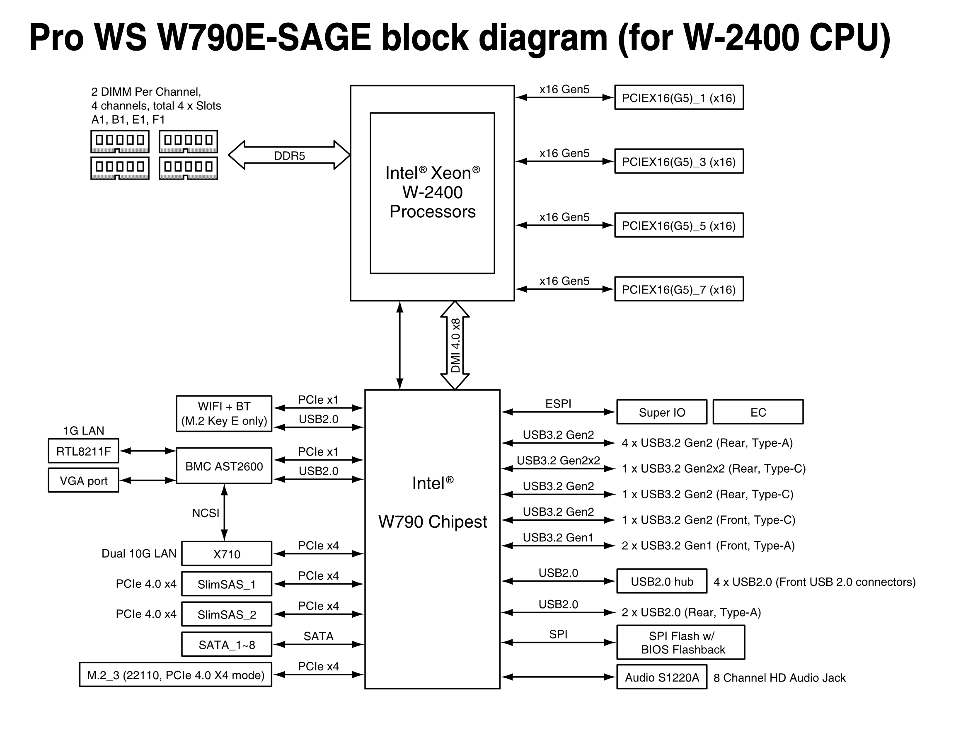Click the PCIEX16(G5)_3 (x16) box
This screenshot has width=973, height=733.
click(x=679, y=161)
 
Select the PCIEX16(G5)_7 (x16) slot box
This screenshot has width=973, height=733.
click(x=679, y=289)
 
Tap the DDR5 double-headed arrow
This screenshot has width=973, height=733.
click(x=289, y=155)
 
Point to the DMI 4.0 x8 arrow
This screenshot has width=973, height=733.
click(x=455, y=345)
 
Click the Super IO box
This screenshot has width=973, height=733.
click(x=661, y=412)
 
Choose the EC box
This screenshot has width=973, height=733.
click(x=758, y=412)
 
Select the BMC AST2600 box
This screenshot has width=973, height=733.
click(x=224, y=466)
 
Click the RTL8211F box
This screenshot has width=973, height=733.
click(x=84, y=451)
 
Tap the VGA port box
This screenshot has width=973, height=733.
click(x=84, y=481)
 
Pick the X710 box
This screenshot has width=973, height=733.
click(x=227, y=553)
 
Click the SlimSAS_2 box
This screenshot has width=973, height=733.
click(x=227, y=614)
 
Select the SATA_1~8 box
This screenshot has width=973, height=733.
click(x=227, y=645)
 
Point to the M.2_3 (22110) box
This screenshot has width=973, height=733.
click(x=176, y=675)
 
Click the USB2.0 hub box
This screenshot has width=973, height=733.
click(x=661, y=582)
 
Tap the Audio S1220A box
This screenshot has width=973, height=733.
click(x=661, y=677)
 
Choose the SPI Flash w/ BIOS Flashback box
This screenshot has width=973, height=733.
click(x=681, y=642)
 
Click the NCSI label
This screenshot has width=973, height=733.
click(x=206, y=513)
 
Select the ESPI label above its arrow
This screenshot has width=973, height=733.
click(x=558, y=403)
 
